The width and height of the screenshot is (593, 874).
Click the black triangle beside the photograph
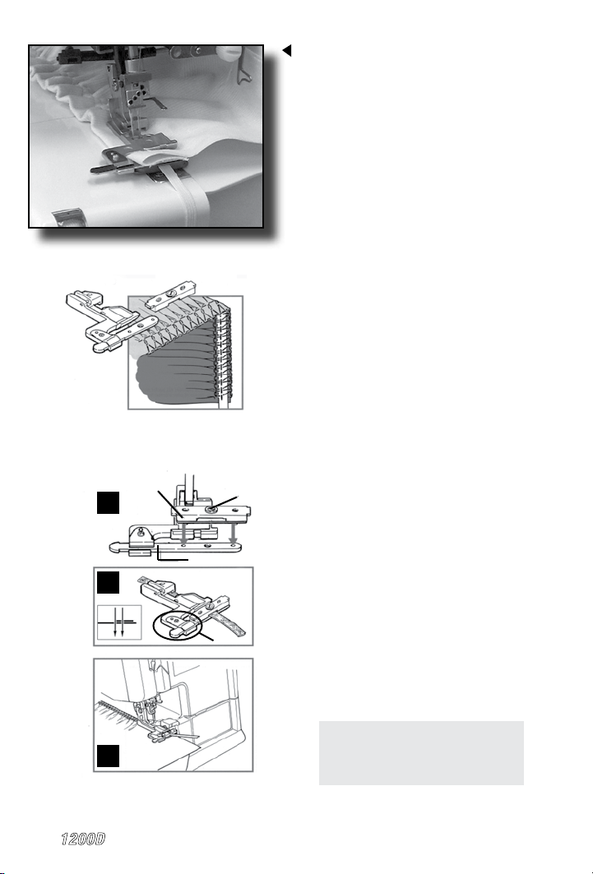(288, 51)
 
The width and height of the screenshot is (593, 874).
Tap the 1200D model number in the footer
(83, 839)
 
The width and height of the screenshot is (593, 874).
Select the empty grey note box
(421, 753)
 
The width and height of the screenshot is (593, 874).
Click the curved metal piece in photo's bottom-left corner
(68, 218)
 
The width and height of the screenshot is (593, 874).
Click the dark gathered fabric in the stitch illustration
(173, 379)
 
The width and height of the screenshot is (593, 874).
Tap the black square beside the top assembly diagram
(108, 502)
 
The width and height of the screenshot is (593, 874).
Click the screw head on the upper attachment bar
(212, 509)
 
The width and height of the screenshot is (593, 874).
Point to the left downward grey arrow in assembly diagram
(184, 532)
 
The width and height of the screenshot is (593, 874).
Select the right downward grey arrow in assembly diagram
(234, 532)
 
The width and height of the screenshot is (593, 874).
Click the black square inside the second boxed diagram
(108, 583)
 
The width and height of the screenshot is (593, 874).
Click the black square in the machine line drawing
(108, 756)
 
